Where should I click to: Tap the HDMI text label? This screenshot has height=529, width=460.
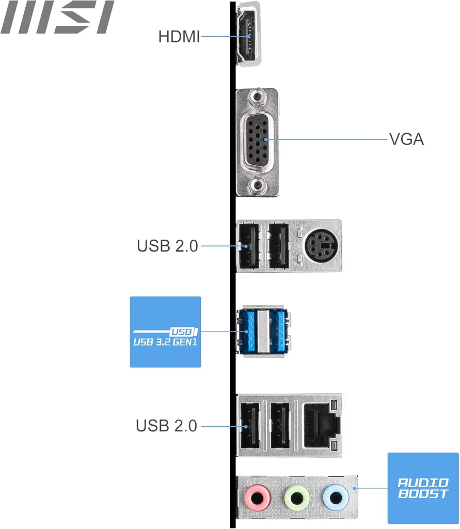[x=179, y=37]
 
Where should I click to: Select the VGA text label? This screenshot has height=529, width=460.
[x=406, y=139]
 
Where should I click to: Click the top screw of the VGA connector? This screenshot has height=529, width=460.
[x=257, y=97]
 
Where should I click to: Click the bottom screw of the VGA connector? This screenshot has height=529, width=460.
[x=257, y=185]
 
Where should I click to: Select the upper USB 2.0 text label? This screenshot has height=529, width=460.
[x=167, y=246]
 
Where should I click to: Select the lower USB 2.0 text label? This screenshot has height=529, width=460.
[x=166, y=426]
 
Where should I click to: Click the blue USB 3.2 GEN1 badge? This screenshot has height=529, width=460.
[x=165, y=332]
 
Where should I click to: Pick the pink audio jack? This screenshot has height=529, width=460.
[x=257, y=498]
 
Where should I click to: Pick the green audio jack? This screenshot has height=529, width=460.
[x=296, y=498]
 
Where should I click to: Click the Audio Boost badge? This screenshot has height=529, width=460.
[x=423, y=488]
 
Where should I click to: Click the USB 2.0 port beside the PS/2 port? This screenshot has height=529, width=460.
[x=279, y=245]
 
